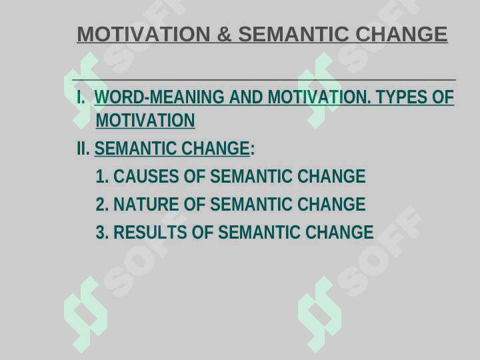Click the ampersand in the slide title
tap(224, 34)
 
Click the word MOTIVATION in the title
tap(144, 34)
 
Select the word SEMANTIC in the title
tap(293, 34)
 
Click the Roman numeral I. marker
tap(81, 97)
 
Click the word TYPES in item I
tap(401, 97)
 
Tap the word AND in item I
tap(246, 97)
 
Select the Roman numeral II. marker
tap(83, 149)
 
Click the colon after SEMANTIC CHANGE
tap(253, 149)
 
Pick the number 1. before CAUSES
tap(102, 176)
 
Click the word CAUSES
tap(146, 176)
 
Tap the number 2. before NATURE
tap(102, 204)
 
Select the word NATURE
tap(146, 204)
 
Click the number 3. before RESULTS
tap(102, 232)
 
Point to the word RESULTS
tap(150, 232)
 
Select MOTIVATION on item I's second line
tap(145, 120)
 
